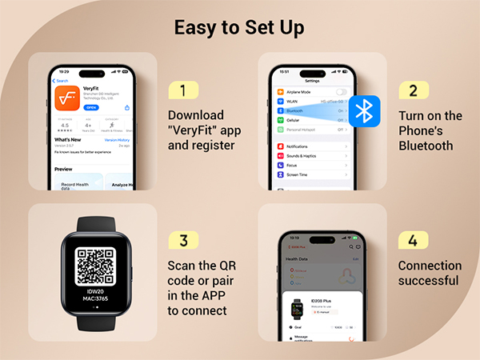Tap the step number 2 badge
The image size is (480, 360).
coord(414,90)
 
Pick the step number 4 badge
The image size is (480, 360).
coord(414,240)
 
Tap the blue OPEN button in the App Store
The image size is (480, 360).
coord(91,106)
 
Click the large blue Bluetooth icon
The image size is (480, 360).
coord(365,113)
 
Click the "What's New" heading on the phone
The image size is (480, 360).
coord(67,139)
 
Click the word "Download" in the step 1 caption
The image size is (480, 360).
coord(195,115)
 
